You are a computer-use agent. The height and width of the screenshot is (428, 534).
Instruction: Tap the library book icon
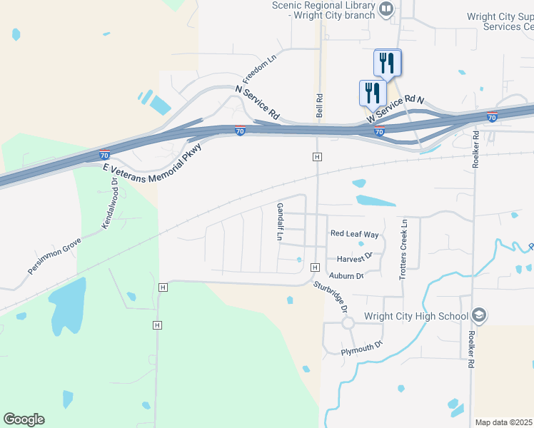click(x=386, y=9)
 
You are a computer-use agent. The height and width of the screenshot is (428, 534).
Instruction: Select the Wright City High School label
click(x=415, y=316)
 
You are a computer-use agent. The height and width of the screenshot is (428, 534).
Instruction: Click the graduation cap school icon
click(x=479, y=316)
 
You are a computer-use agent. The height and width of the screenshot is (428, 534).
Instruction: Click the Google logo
click(x=24, y=419)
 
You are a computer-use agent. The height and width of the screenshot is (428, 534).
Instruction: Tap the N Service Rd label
click(x=257, y=102)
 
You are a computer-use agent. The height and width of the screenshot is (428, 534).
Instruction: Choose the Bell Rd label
click(x=320, y=106)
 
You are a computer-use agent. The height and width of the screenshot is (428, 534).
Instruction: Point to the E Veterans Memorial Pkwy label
click(x=153, y=160)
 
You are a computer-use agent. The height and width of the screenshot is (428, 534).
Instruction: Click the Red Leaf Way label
click(x=354, y=234)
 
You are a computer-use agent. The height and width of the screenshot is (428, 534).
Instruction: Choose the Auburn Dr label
click(x=346, y=275)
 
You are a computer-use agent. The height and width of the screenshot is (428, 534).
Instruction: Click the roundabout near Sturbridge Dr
click(x=348, y=322)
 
